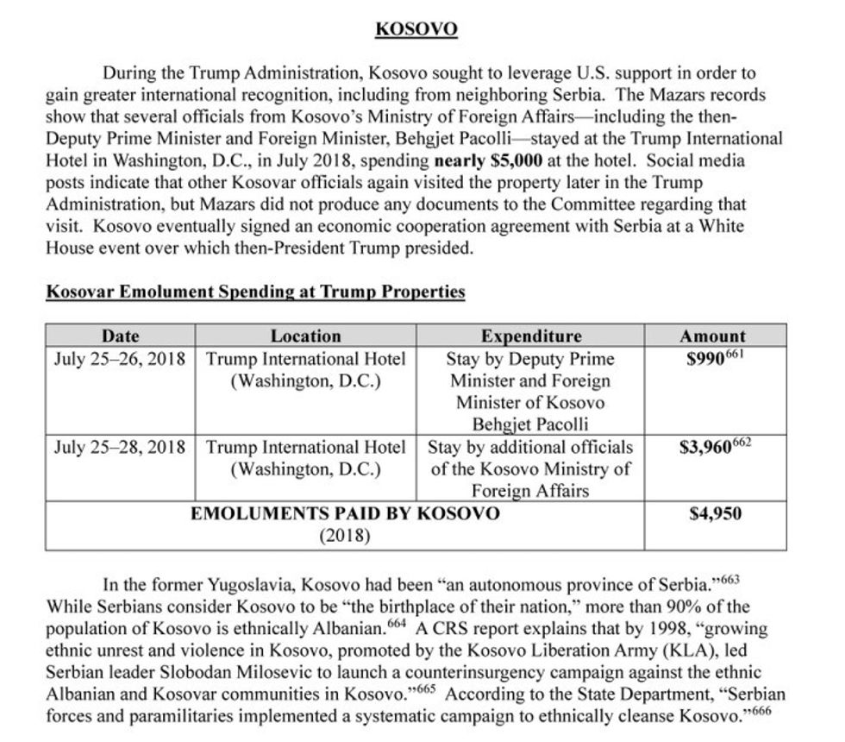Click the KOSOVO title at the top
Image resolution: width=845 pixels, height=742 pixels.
pyautogui.click(x=416, y=30)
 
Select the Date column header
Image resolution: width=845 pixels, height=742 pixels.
pyautogui.click(x=120, y=336)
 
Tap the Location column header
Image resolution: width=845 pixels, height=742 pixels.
pyautogui.click(x=305, y=336)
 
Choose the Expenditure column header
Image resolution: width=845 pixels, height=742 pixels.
pyautogui.click(x=531, y=336)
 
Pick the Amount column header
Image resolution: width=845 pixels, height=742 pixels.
pyautogui.click(x=713, y=336)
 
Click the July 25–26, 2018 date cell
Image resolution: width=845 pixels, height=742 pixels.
pyautogui.click(x=120, y=359)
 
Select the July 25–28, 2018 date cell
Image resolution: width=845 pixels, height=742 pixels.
pyautogui.click(x=120, y=448)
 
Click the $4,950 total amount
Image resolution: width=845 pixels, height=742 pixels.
pyautogui.click(x=716, y=514)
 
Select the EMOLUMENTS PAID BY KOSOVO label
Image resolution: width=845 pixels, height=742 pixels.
pyautogui.click(x=344, y=514)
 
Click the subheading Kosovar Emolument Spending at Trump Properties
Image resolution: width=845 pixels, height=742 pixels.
pyautogui.click(x=255, y=292)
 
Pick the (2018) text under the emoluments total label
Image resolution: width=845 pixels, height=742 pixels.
pyautogui.click(x=344, y=536)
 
